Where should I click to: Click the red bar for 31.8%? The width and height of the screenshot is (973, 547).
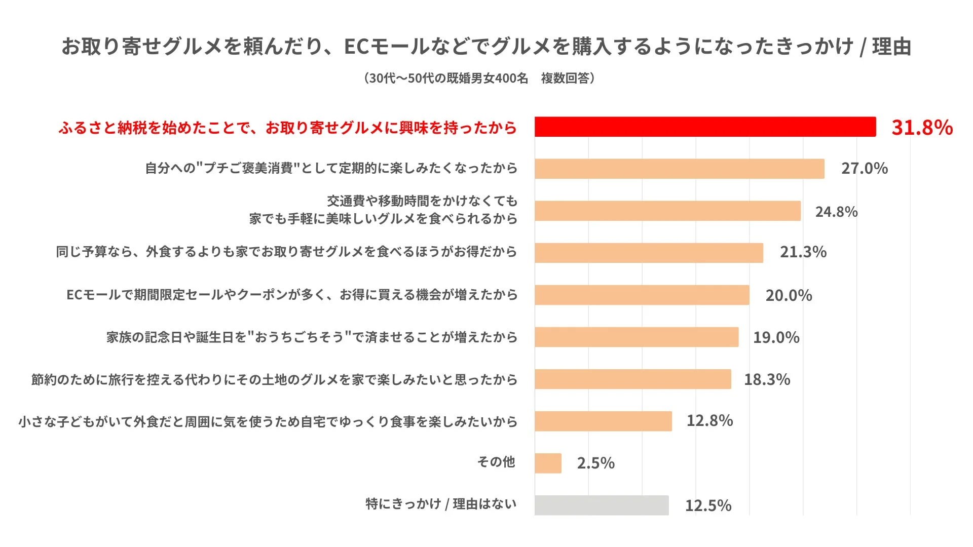pos(705,127)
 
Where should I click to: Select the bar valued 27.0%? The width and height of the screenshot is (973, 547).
pos(679,169)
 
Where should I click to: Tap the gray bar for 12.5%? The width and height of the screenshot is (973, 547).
pos(602,505)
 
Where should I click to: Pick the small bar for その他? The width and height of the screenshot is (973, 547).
pos(548,463)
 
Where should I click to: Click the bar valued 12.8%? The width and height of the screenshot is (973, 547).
pos(603,421)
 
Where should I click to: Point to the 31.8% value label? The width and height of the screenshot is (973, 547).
pos(922,127)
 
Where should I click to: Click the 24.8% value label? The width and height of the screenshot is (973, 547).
pos(836,212)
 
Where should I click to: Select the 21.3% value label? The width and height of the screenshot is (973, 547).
pos(803,252)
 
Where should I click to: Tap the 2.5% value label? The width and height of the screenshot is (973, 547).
pos(595,463)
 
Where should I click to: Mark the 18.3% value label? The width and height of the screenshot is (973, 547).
pos(767,379)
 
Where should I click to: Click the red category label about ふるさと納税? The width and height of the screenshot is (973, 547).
pos(287,128)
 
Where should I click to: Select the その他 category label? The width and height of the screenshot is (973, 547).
pos(496,462)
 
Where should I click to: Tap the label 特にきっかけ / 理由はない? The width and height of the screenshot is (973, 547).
pos(441,504)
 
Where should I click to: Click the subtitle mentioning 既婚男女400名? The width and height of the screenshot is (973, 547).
pos(479,78)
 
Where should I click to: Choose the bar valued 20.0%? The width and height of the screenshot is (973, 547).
pos(642,295)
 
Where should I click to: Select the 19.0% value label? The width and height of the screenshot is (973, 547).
pos(776,337)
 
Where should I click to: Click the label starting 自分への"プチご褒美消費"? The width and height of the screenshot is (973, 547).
pos(331,168)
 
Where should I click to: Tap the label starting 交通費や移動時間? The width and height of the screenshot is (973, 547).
pos(422,202)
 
